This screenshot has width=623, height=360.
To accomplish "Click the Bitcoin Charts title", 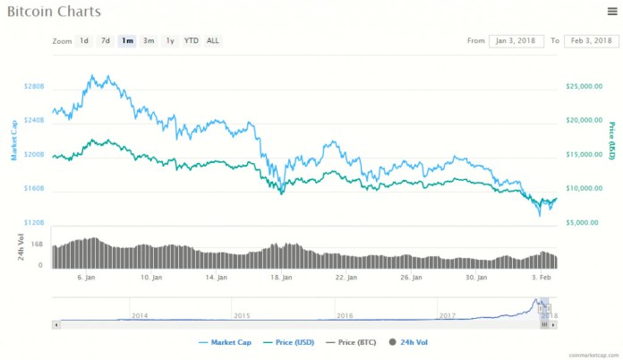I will pos(54,13).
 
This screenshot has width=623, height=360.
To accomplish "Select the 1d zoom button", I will pos(83,41).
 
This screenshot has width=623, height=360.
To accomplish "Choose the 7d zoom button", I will pos(106,41).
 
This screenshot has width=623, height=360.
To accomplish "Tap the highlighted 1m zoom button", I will pos(127,41).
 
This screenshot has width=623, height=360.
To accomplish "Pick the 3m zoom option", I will pos(149,41).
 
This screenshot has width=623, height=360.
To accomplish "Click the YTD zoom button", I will pos(192,41).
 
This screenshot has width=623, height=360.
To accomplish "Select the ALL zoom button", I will pos(213,41).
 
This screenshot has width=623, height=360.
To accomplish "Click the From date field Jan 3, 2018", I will pos(516,41).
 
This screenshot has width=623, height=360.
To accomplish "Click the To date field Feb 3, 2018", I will pos(591,41).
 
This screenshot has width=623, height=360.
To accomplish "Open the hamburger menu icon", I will pos(610,11).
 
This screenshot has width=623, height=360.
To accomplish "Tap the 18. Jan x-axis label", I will pos(282,278).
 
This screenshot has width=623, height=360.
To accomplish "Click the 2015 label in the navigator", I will pos(243,315).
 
